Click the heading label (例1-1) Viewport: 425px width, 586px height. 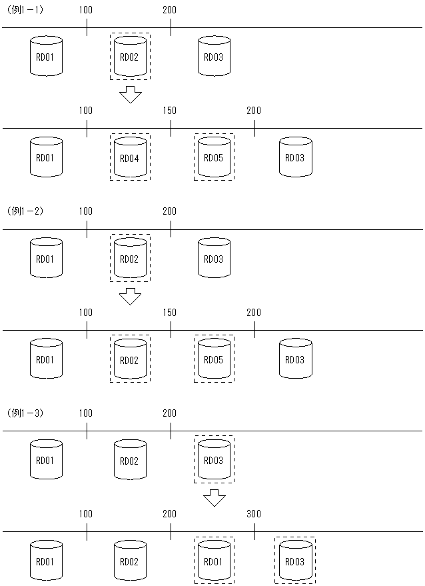click(x=25, y=9)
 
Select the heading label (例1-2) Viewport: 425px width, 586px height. click(x=25, y=211)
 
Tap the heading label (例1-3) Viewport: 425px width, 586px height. click(x=25, y=413)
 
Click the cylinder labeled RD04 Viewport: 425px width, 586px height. click(x=130, y=157)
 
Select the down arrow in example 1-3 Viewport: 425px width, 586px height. click(x=214, y=497)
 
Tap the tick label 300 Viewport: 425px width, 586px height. click(x=254, y=513)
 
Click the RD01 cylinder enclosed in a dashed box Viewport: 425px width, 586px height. click(x=214, y=561)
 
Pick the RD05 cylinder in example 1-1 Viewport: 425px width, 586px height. click(x=214, y=157)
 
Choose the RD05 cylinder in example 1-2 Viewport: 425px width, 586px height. click(x=214, y=359)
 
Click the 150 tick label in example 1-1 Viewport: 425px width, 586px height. click(x=170, y=111)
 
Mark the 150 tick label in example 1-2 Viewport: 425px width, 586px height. click(x=170, y=312)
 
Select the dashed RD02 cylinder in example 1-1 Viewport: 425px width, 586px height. click(x=130, y=57)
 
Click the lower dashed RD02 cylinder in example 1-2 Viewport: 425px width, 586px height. click(x=130, y=359)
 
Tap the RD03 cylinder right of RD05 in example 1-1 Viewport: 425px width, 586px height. click(x=295, y=157)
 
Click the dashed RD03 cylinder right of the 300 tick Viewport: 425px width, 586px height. click(x=295, y=561)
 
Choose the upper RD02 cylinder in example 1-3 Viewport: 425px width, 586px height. click(x=130, y=460)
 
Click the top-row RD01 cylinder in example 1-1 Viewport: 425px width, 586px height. click(x=46, y=57)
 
